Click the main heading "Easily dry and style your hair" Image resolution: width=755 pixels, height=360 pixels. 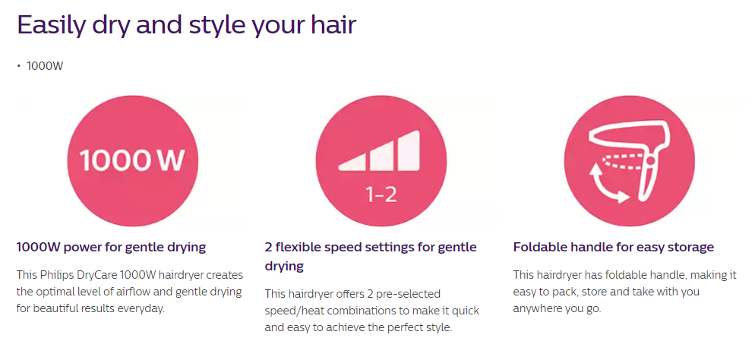[x=187, y=25]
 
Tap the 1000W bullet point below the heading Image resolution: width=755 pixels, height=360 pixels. [x=44, y=66]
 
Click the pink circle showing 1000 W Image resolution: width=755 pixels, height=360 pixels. [x=132, y=160]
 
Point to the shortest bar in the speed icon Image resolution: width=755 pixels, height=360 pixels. [x=350, y=163]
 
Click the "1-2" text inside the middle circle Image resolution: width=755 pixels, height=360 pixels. [x=381, y=195]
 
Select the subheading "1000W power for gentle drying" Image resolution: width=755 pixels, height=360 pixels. [x=111, y=248]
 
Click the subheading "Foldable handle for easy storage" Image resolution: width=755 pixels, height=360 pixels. [x=614, y=248]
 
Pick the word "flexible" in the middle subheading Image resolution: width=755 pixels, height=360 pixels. [x=303, y=248]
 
